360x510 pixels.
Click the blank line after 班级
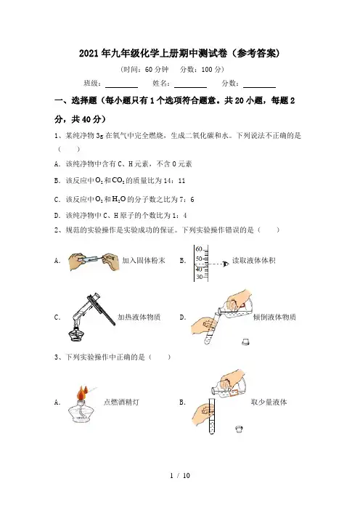point(121,87)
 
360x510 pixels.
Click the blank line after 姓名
point(190,87)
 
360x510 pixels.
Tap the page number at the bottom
point(180,475)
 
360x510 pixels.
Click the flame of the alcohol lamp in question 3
point(82,393)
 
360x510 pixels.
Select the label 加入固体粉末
point(144,260)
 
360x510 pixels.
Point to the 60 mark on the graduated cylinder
point(199,249)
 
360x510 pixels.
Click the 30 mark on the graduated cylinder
point(199,277)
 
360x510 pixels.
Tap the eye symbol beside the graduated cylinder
point(225,264)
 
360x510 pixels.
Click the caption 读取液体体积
point(254,261)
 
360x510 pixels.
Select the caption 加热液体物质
point(139,317)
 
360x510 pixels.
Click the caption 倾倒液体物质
point(274,317)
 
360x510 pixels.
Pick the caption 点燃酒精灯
point(121,402)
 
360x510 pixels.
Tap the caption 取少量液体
point(269,402)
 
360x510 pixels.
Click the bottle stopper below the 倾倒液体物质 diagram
point(246,342)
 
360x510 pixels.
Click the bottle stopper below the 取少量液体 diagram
point(239,429)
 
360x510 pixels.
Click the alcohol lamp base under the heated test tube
point(77,334)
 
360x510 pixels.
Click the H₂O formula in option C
point(118,199)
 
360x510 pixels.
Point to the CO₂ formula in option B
point(118,180)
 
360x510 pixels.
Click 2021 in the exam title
point(89,53)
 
